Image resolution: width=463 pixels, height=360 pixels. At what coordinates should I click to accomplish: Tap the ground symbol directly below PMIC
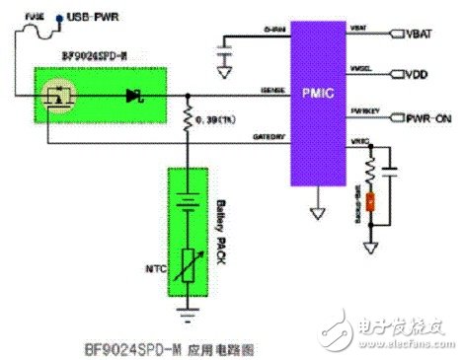click(315, 211)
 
